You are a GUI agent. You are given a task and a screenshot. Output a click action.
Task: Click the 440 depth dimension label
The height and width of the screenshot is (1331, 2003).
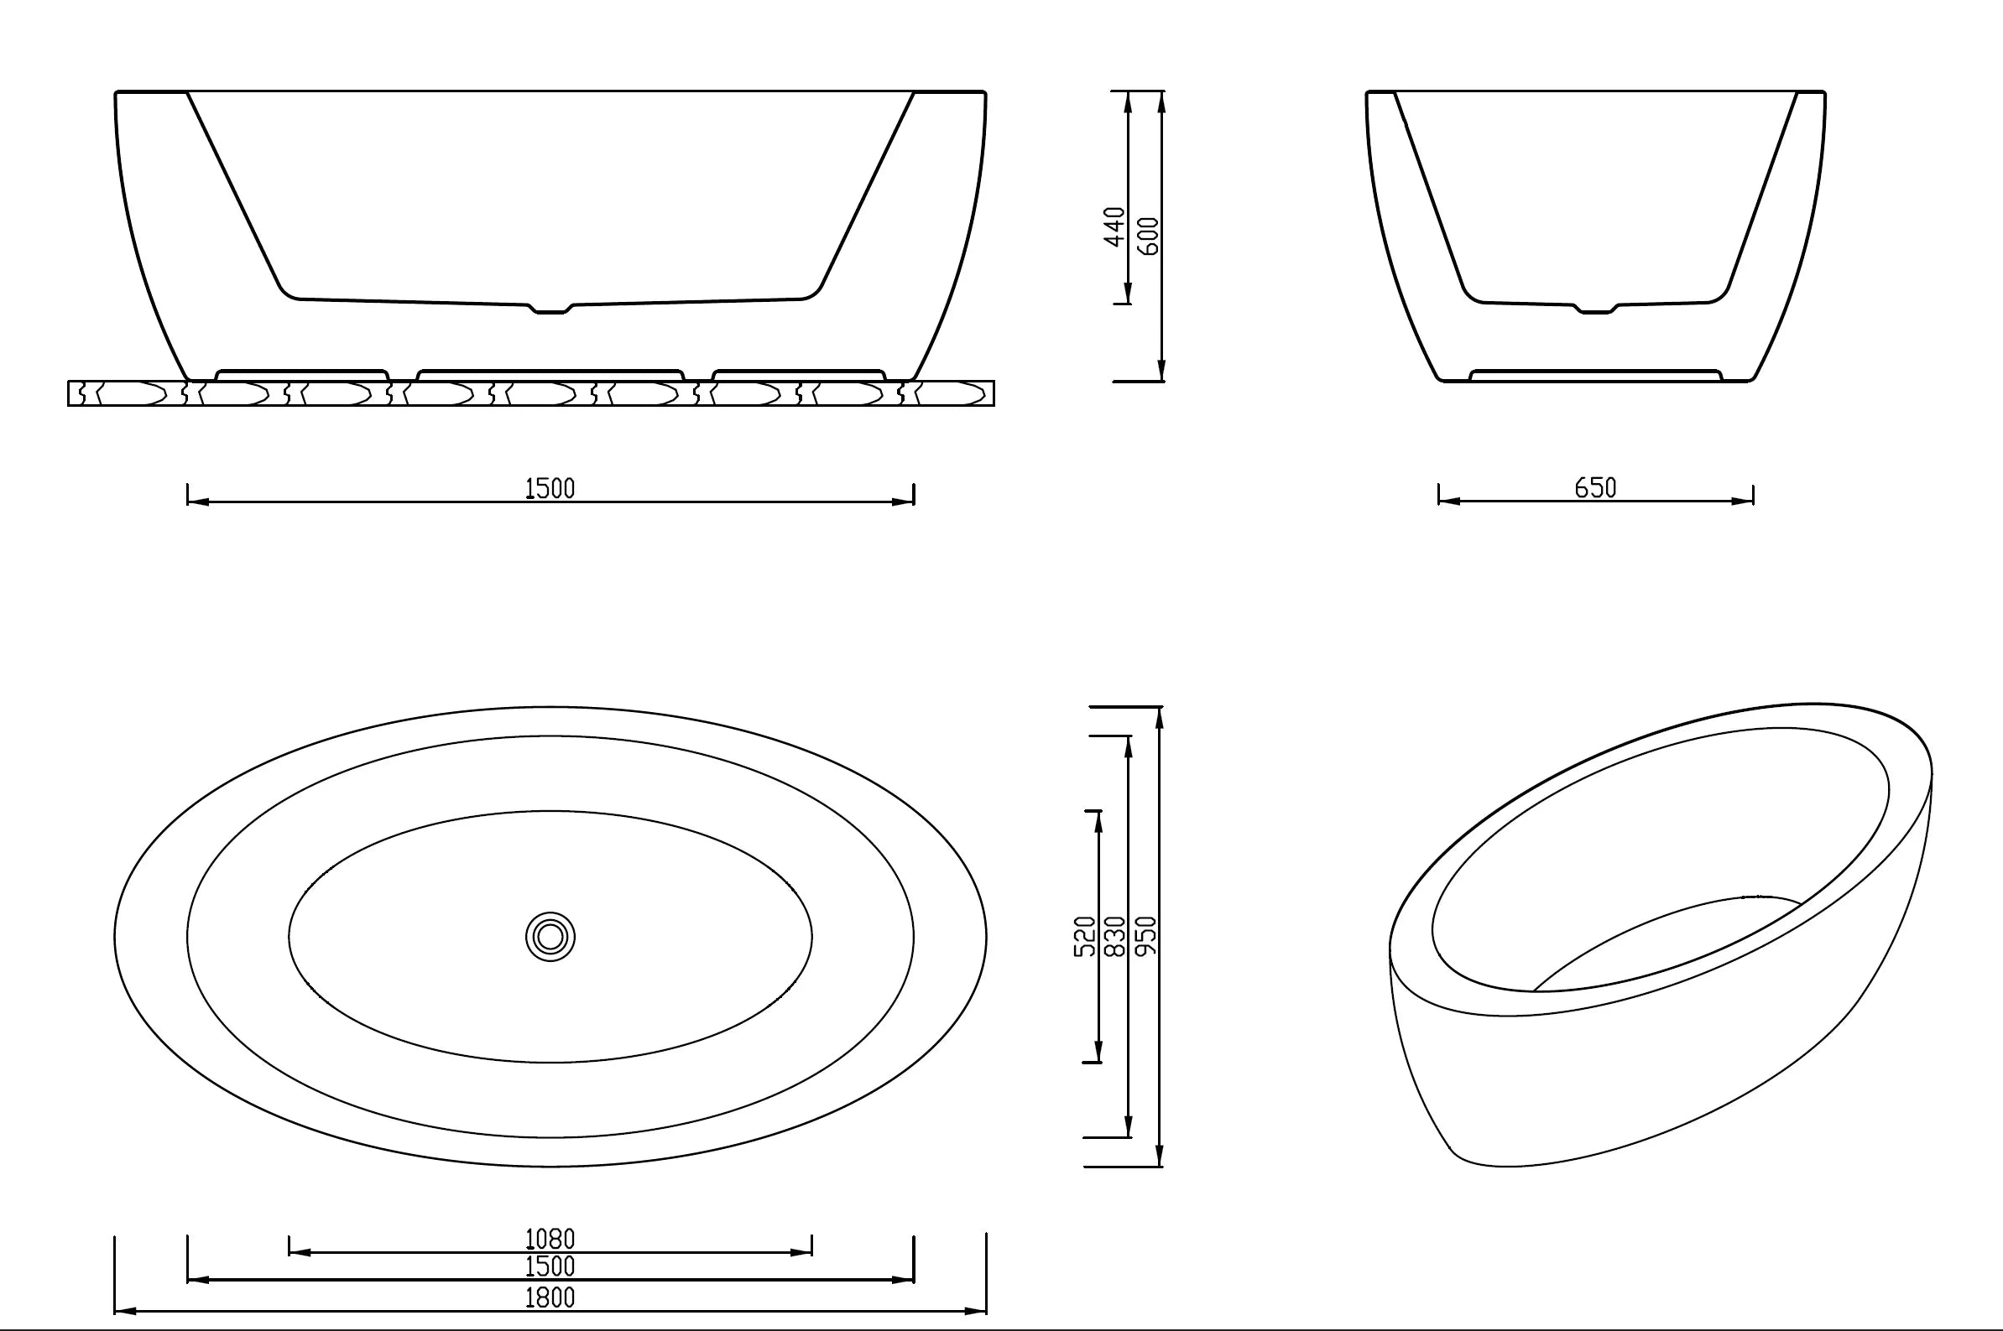pyautogui.click(x=1114, y=226)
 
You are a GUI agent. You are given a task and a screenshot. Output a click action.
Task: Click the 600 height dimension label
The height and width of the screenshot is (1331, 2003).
pyautogui.click(x=1147, y=236)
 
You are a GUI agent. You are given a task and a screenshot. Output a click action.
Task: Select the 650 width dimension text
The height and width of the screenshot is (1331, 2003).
pyautogui.click(x=1595, y=488)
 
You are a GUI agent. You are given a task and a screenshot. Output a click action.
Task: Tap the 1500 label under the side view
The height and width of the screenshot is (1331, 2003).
pyautogui.click(x=550, y=489)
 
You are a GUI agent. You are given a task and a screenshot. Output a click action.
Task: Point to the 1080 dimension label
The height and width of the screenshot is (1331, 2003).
pyautogui.click(x=550, y=1239)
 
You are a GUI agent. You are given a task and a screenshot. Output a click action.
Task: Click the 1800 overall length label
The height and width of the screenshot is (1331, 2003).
pyautogui.click(x=550, y=1297)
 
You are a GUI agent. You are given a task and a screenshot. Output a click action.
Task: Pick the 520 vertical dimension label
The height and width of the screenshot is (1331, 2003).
pyautogui.click(x=1085, y=936)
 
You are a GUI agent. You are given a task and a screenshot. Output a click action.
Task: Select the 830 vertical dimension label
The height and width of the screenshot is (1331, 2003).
pyautogui.click(x=1115, y=936)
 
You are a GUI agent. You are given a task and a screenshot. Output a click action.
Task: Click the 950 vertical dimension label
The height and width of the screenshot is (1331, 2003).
pyautogui.click(x=1145, y=936)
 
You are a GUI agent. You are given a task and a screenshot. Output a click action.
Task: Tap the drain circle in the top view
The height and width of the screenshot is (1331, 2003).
pyautogui.click(x=550, y=937)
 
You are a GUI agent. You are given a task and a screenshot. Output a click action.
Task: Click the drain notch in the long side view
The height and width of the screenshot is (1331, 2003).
pyautogui.click(x=550, y=309)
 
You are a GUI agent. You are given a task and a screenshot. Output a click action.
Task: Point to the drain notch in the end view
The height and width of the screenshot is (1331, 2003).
pyautogui.click(x=1595, y=309)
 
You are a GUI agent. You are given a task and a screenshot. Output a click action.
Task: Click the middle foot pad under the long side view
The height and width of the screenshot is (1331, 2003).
pyautogui.click(x=550, y=373)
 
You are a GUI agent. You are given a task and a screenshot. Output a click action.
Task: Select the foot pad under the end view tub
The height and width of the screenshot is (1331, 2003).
pyautogui.click(x=1595, y=373)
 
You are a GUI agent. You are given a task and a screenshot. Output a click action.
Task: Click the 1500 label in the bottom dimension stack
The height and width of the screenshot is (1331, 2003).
pyautogui.click(x=550, y=1266)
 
